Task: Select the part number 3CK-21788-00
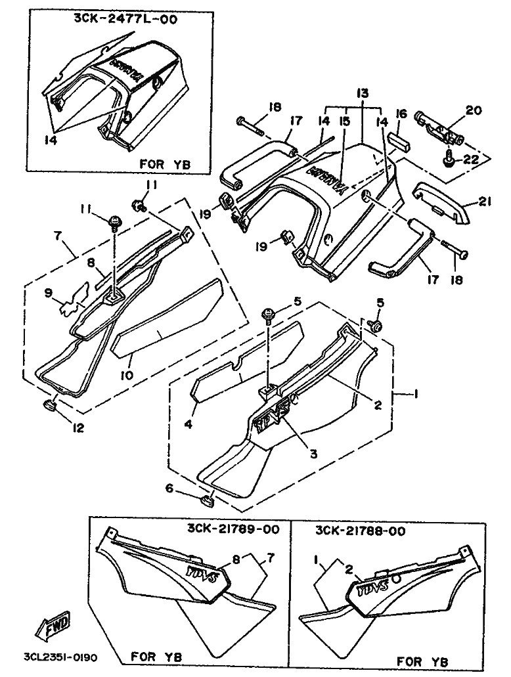tap(360, 531)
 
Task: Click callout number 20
tap(473, 110)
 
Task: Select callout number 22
tap(471, 160)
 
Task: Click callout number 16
tap(401, 114)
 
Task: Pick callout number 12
tap(78, 427)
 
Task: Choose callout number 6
tap(169, 488)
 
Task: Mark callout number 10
tap(127, 374)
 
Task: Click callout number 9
tap(49, 293)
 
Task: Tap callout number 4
tap(188, 424)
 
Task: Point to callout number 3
tap(313, 453)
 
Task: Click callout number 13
tap(363, 93)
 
